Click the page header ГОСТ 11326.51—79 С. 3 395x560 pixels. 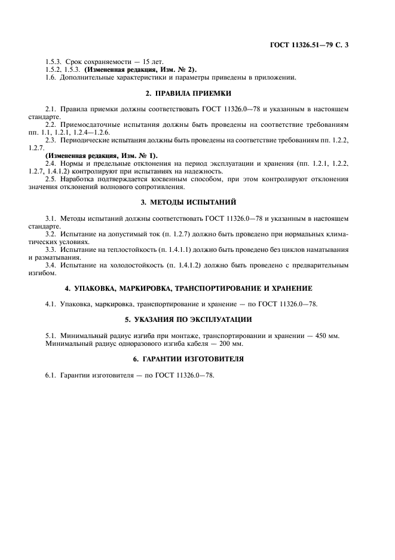click(318, 45)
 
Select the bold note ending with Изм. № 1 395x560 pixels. click(102, 156)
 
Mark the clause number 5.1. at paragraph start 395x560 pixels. click(51, 336)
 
